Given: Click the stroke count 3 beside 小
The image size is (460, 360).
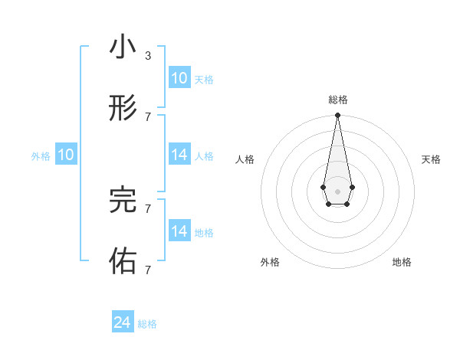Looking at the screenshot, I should coord(148,56).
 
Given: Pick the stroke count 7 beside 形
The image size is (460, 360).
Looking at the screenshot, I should coord(148,116).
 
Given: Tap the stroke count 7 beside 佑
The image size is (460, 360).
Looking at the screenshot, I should coord(148,270).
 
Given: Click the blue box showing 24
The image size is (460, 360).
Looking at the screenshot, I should coord(123,322).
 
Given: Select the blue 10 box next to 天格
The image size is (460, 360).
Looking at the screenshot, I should coord(179,78).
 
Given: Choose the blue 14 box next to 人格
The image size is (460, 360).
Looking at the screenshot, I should coord(179,155).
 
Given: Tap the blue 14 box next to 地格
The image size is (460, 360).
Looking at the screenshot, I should coord(179,231).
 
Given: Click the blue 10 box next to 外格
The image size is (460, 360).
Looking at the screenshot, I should coord(66,155).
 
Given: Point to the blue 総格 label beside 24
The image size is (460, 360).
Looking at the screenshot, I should coord(147,324).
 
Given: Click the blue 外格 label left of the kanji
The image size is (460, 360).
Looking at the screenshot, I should coord(41,156).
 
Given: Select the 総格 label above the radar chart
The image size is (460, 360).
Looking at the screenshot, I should coord(338,100).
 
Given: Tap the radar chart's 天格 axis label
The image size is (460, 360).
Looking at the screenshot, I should coord(431,159).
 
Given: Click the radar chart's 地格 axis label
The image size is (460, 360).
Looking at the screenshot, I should coord(402,262).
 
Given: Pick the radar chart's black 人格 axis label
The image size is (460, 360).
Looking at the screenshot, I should coord(245,159).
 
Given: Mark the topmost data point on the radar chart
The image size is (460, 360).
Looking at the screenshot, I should coord(337,115).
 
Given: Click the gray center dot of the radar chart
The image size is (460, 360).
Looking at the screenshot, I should coord(337,191).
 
